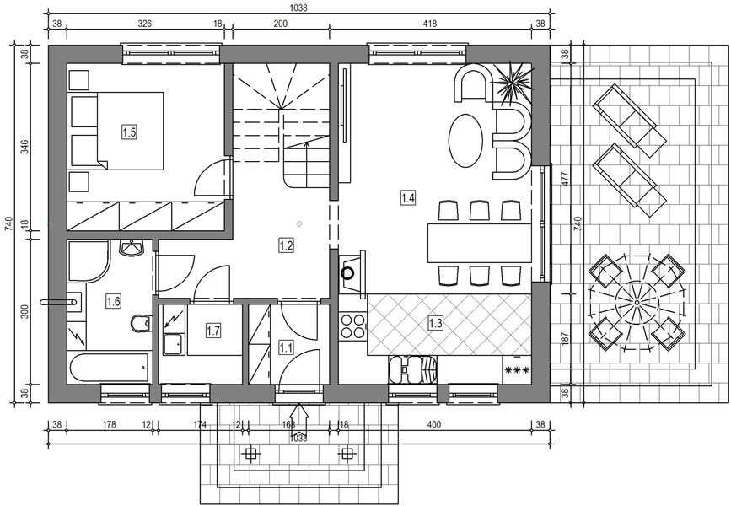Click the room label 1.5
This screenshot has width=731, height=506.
coord(129,132)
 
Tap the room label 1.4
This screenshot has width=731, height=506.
coord(408,198)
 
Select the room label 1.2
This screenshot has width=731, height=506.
coord(286,245)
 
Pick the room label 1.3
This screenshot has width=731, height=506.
coord(436,322)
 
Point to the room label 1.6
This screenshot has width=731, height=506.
coord(113,300)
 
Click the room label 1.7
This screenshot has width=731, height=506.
coord(213,331)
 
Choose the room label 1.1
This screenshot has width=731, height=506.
coord(286,346)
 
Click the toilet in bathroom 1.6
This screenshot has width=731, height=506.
coord(139,323)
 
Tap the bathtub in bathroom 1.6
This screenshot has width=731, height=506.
coord(110,366)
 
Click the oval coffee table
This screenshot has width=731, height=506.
coord(466,141)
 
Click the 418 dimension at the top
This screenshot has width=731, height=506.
coord(429,24)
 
